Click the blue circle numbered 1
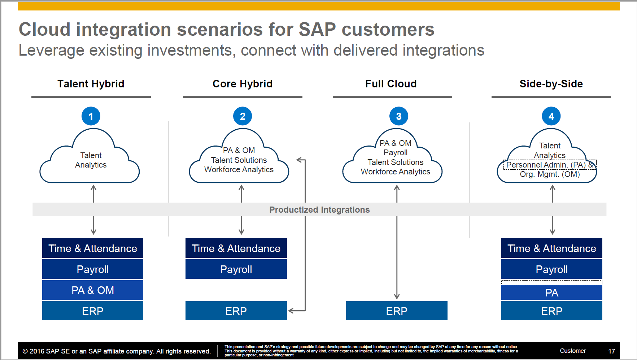pyautogui.click(x=91, y=116)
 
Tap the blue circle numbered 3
pyautogui.click(x=399, y=116)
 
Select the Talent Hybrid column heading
pyautogui.click(x=91, y=84)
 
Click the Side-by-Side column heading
pyautogui.click(x=551, y=84)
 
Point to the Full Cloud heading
pyautogui.click(x=391, y=84)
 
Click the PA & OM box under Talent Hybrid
pyautogui.click(x=93, y=290)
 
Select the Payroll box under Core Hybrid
pyautogui.click(x=236, y=269)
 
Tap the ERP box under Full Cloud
pyautogui.click(x=397, y=311)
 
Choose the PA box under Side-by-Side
pyautogui.click(x=551, y=292)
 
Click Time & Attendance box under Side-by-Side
pyautogui.click(x=551, y=248)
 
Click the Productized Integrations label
pyautogui.click(x=319, y=210)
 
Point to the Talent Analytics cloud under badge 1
pyautogui.click(x=91, y=160)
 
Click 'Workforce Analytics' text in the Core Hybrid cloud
pyautogui.click(x=239, y=170)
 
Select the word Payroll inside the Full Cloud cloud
pyautogui.click(x=396, y=153)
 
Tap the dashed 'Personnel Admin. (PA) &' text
pyautogui.click(x=549, y=165)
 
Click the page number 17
pyautogui.click(x=611, y=351)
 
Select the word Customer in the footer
pyautogui.click(x=573, y=351)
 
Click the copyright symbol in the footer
pyautogui.click(x=25, y=351)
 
